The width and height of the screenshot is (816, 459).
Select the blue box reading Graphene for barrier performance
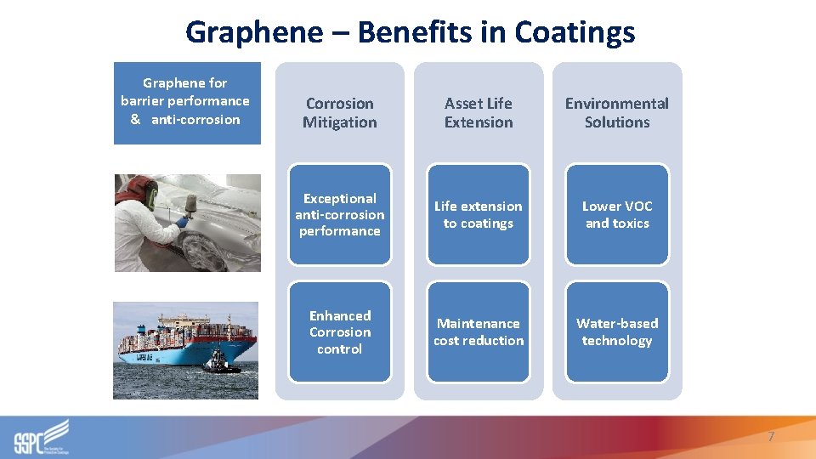187,102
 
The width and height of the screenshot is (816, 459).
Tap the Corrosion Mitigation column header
339,113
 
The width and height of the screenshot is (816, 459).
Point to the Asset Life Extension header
479,113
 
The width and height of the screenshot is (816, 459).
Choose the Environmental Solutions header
617,113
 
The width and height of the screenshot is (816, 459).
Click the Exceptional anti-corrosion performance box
340,214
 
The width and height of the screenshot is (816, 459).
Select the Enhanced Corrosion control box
340,332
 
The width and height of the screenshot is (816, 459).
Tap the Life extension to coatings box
479,214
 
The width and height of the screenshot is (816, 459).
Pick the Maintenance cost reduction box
479,332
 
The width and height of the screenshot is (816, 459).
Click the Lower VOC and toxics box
617,214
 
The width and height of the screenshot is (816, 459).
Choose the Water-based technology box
617,332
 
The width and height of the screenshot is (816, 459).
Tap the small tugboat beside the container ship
221,362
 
